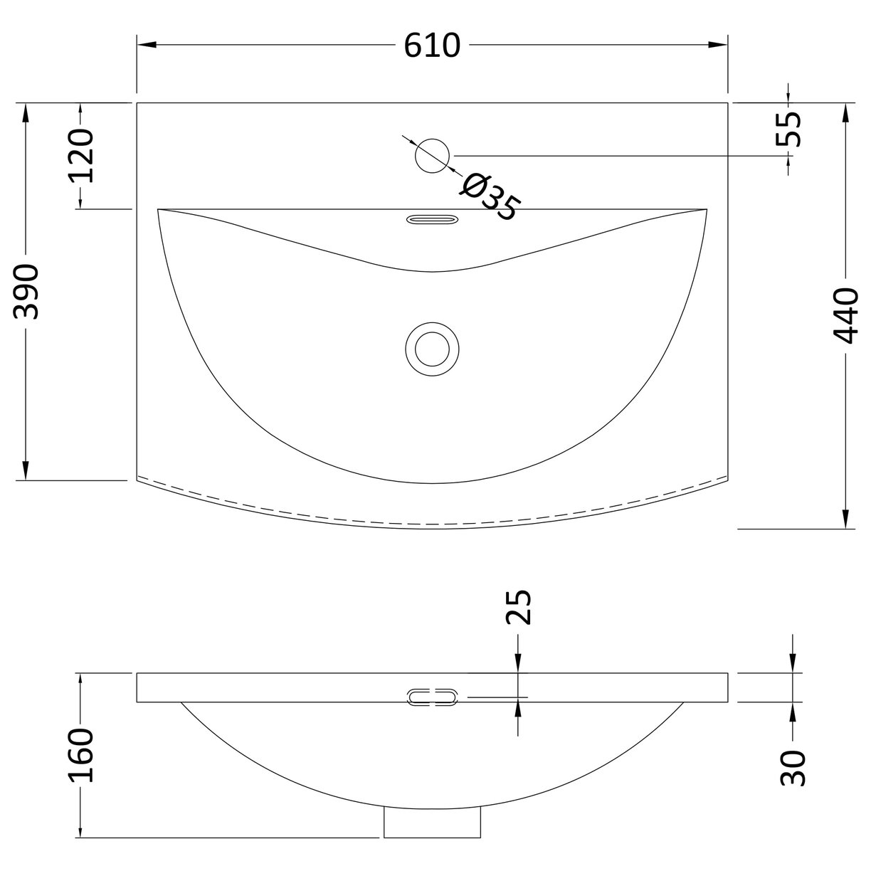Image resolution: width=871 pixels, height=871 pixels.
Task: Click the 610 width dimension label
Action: pyautogui.click(x=433, y=46)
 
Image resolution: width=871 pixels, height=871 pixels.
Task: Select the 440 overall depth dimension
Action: pyautogui.click(x=845, y=315)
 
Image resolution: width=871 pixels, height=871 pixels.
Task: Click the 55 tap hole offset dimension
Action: pyautogui.click(x=788, y=130)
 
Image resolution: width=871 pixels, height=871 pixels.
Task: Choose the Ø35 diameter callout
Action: pyautogui.click(x=490, y=197)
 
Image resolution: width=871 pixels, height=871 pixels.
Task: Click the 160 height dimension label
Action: pyautogui.click(x=81, y=755)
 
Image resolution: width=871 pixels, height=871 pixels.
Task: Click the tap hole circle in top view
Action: pyautogui.click(x=433, y=155)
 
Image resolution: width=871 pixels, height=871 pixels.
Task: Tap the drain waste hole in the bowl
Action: pyautogui.click(x=433, y=349)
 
